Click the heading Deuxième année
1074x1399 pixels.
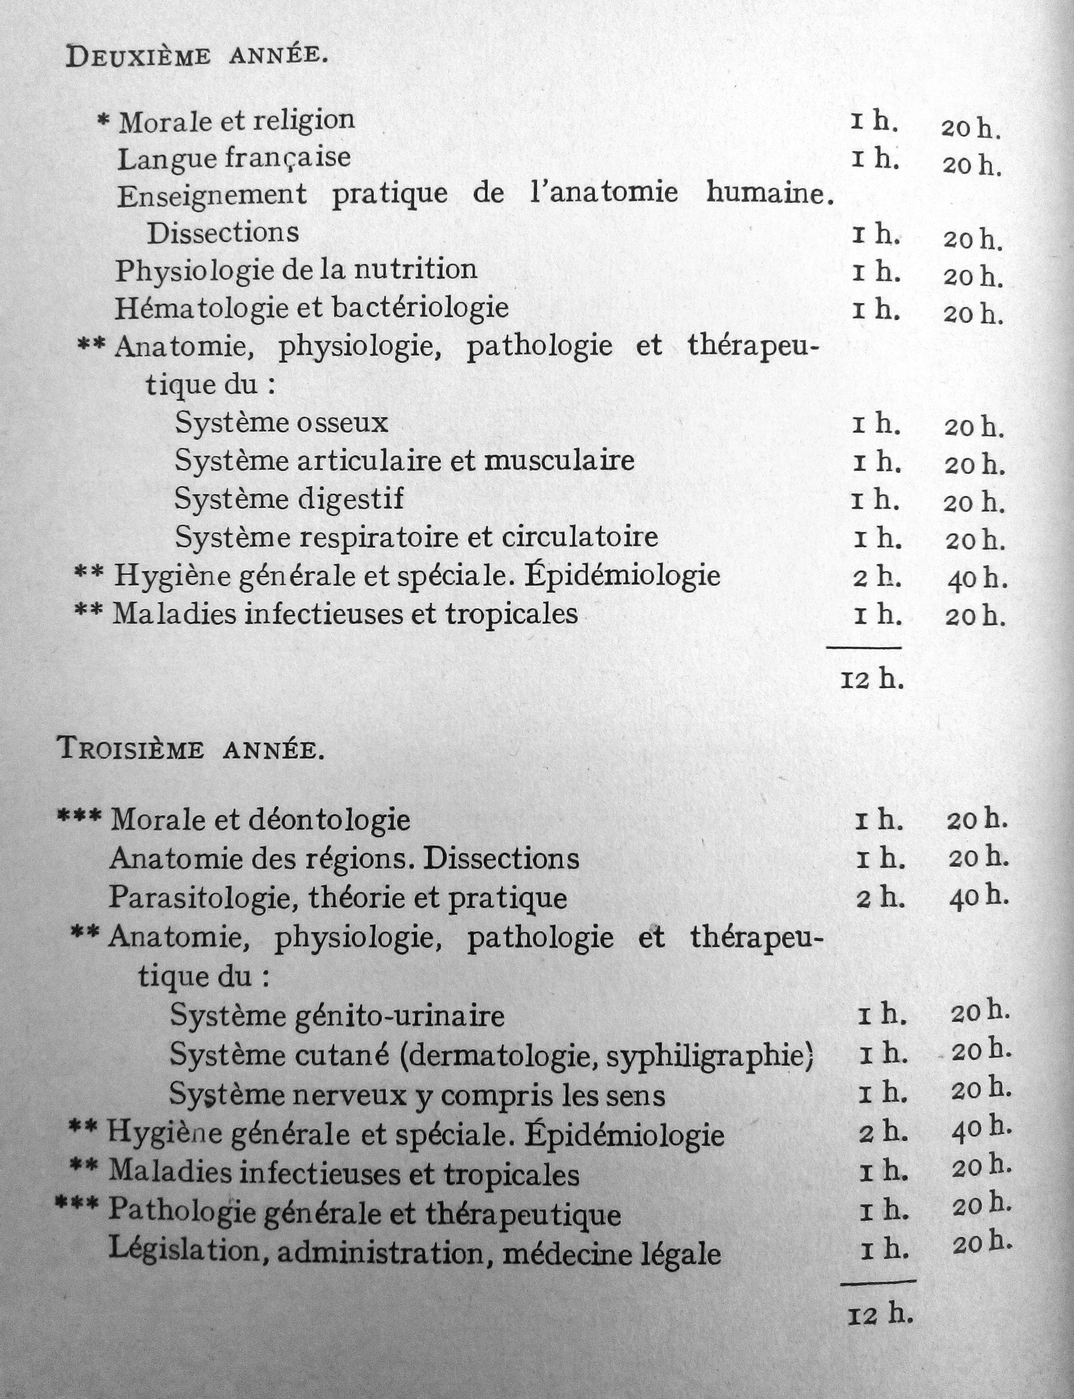(x=197, y=57)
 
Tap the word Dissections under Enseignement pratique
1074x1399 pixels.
(x=223, y=233)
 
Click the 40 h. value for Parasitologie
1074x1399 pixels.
(x=979, y=898)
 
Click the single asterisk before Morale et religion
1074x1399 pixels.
(x=103, y=121)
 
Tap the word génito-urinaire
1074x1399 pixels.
(x=399, y=1017)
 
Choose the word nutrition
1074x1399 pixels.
(x=415, y=270)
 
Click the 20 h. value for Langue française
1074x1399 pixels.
(x=971, y=166)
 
